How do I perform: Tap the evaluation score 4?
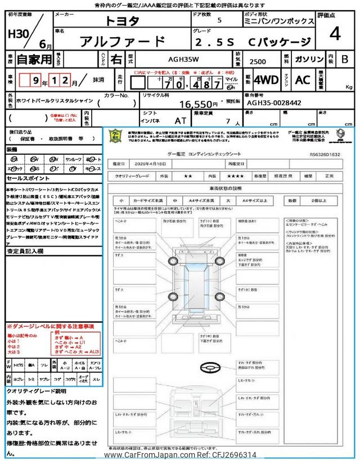click(x=335, y=34)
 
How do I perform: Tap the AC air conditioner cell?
click(x=302, y=80)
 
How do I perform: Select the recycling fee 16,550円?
click(x=198, y=104)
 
